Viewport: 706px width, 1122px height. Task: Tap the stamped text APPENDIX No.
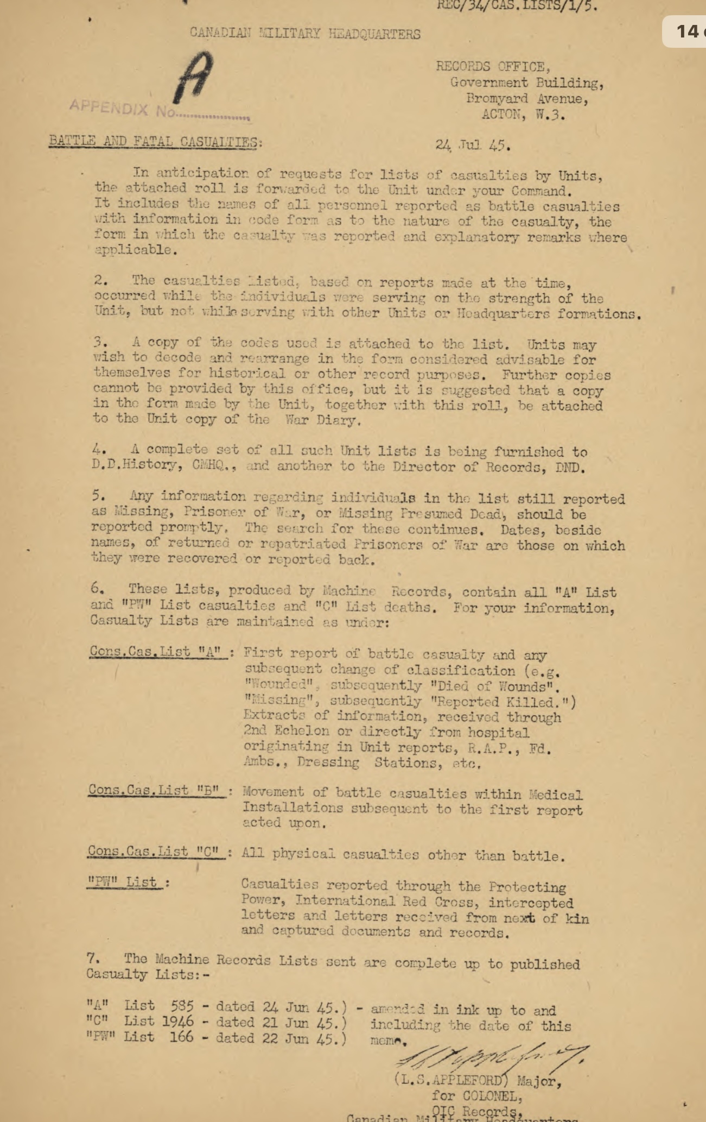[157, 110]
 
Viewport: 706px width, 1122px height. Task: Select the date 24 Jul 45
[473, 146]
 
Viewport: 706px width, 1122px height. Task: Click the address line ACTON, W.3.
[523, 115]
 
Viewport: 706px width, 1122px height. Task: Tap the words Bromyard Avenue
[527, 99]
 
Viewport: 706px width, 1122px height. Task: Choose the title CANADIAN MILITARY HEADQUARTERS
[305, 34]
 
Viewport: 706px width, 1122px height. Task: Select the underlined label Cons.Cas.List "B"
[157, 790]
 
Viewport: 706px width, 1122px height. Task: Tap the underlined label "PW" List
[125, 882]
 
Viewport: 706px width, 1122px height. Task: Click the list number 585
[182, 1006]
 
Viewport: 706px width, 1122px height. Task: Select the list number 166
[181, 1037]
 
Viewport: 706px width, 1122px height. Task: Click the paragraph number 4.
[99, 450]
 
